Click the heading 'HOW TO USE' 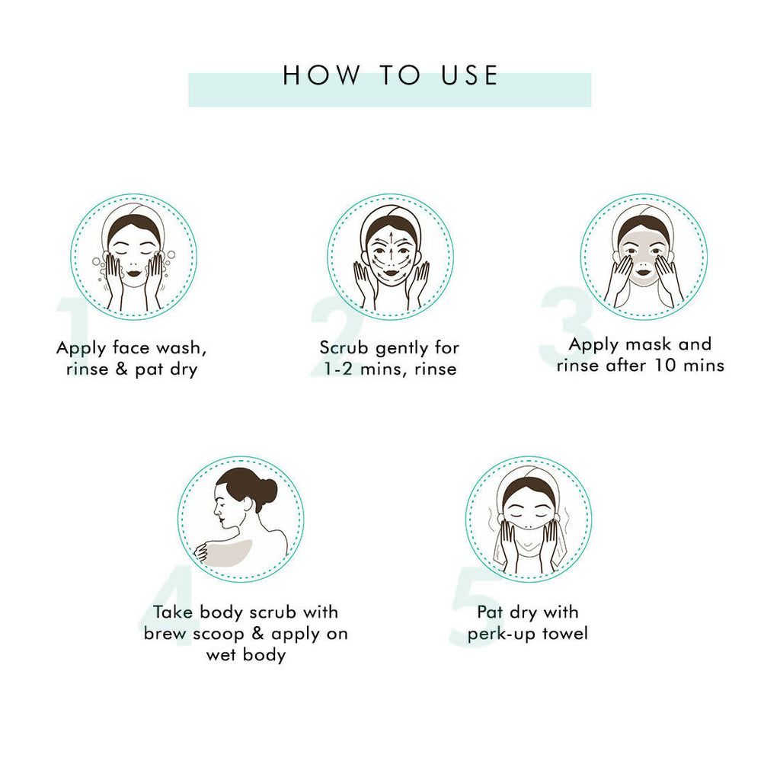pos(390,75)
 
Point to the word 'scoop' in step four pos(219,635)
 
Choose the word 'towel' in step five pos(565,634)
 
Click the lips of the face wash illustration pos(133,273)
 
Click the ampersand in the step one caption pos(121,369)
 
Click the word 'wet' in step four pos(222,656)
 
